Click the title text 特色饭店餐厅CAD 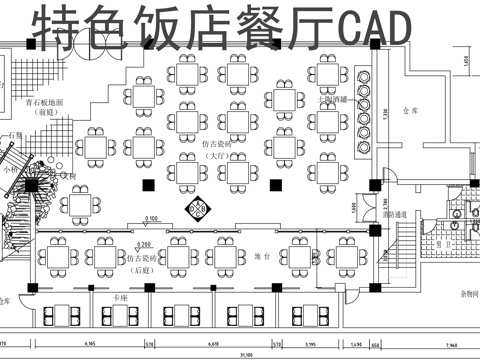pyautogui.click(x=220, y=30)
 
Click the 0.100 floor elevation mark pyautogui.click(x=152, y=219)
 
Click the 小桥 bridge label pyautogui.click(x=11, y=169)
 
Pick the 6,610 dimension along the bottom pyautogui.click(x=212, y=342)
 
